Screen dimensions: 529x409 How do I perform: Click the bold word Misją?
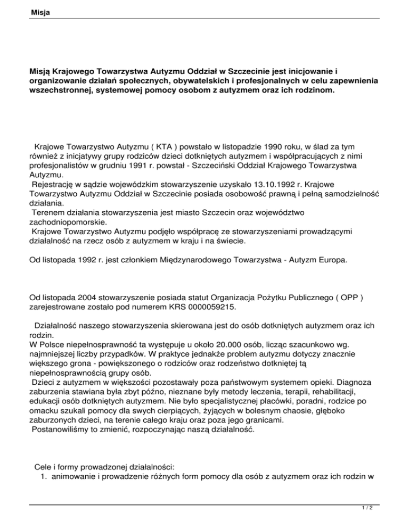[x=42, y=71]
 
